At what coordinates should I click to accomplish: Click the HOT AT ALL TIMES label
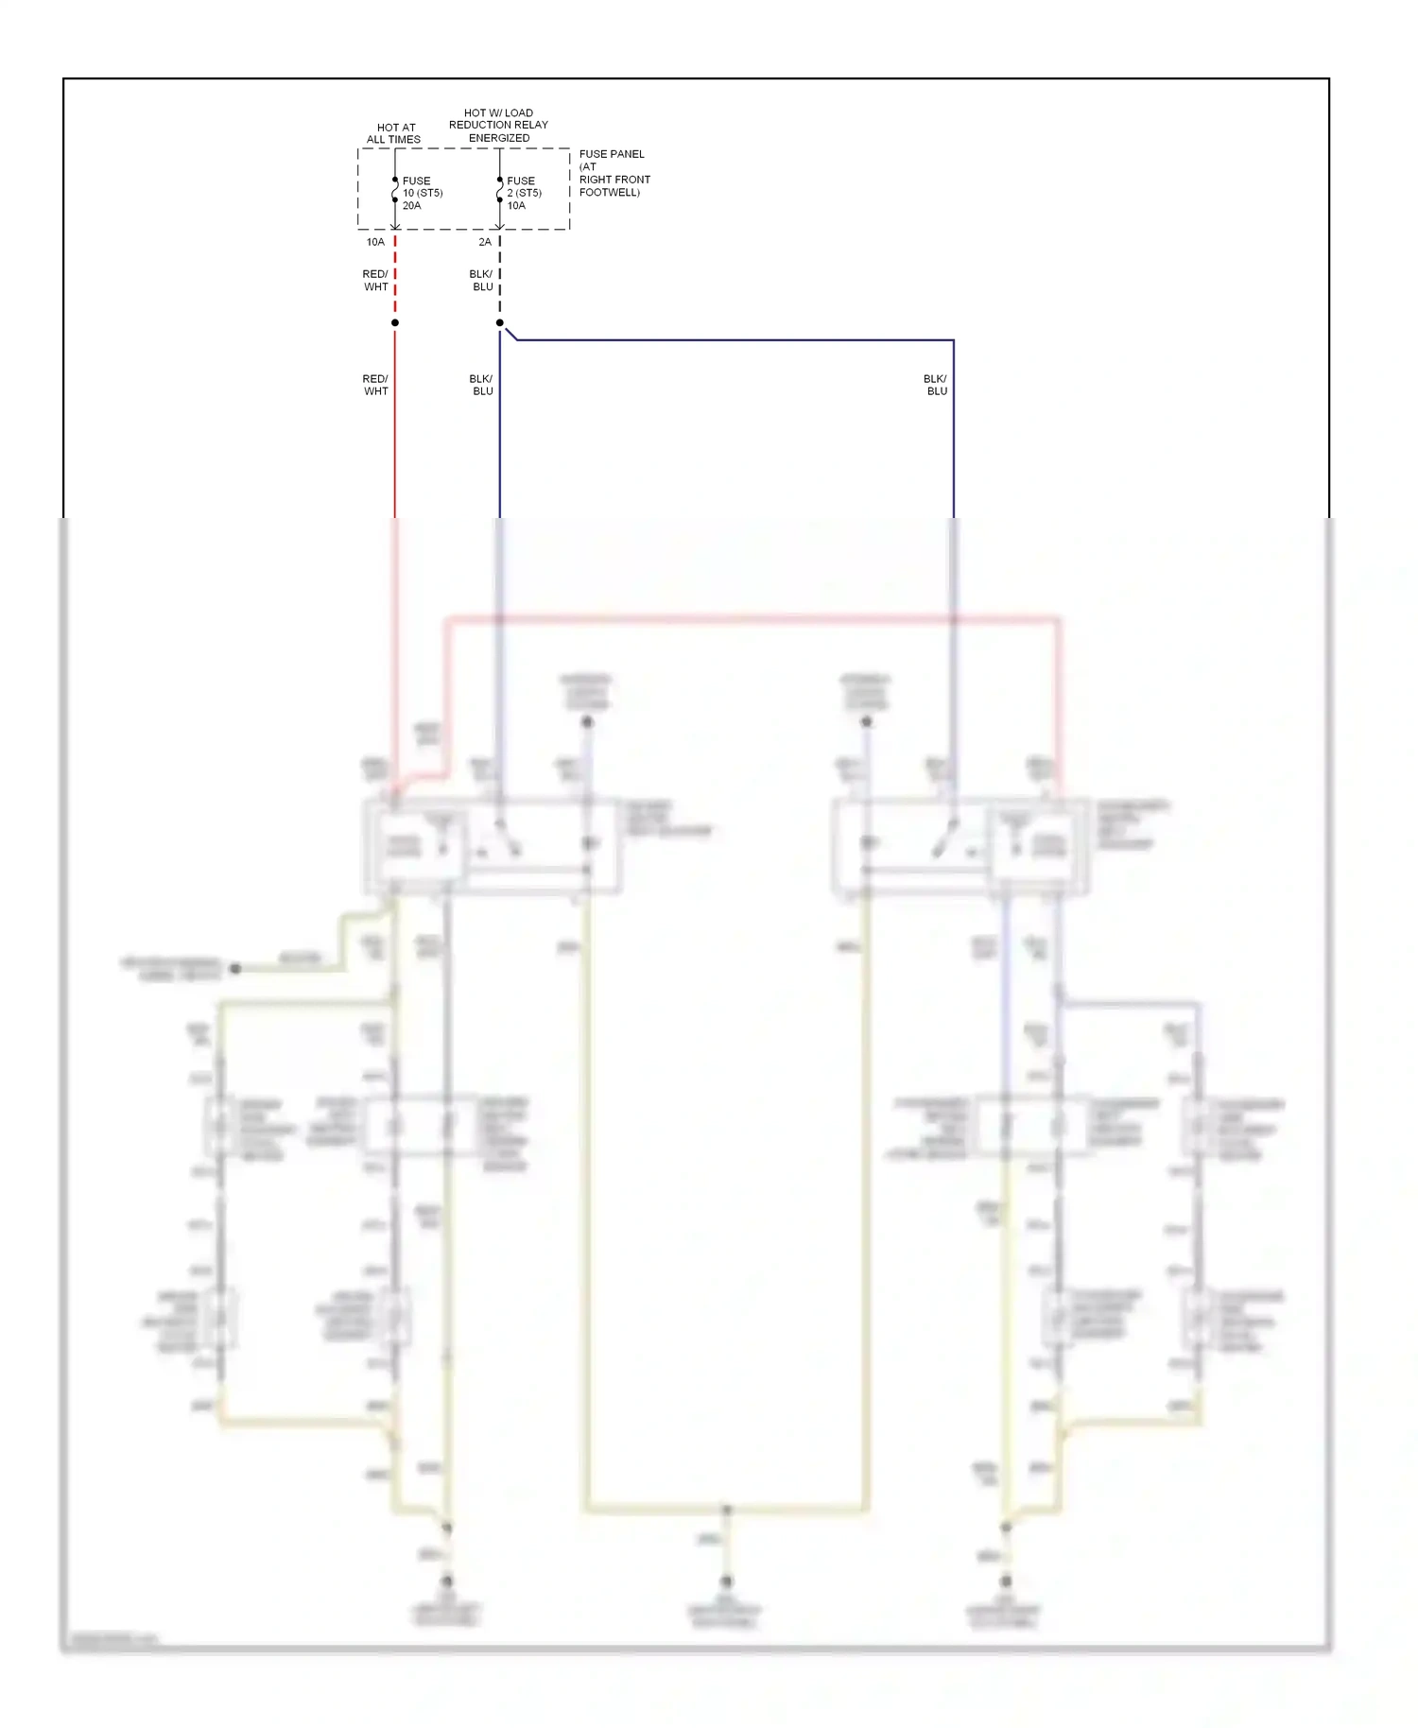click(x=394, y=133)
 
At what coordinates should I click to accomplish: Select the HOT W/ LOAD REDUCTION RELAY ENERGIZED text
click(x=498, y=125)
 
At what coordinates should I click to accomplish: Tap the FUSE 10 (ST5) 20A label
click(x=422, y=193)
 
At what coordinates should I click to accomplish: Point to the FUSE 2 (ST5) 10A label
click(x=524, y=193)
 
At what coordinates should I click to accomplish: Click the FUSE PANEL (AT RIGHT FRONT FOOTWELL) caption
click(x=614, y=173)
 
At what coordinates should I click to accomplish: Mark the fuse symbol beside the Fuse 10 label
click(x=395, y=191)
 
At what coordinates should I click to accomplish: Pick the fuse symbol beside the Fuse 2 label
click(x=499, y=191)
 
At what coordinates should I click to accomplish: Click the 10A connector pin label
click(x=375, y=242)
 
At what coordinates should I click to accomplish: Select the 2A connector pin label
click(x=484, y=242)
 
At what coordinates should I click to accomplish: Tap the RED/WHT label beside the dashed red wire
click(x=375, y=281)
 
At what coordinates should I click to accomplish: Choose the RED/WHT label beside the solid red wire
click(x=375, y=385)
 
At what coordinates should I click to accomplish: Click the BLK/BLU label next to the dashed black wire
click(x=481, y=281)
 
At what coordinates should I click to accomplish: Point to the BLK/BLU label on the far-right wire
click(x=936, y=385)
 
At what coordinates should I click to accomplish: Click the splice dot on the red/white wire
click(x=395, y=322)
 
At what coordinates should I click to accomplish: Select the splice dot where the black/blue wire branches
click(x=500, y=322)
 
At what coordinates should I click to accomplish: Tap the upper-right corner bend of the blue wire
click(x=953, y=340)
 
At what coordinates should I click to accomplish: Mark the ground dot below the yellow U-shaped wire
click(x=726, y=1581)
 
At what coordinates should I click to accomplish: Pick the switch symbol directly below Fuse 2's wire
click(x=500, y=841)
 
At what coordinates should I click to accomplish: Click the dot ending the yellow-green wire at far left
click(x=235, y=968)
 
